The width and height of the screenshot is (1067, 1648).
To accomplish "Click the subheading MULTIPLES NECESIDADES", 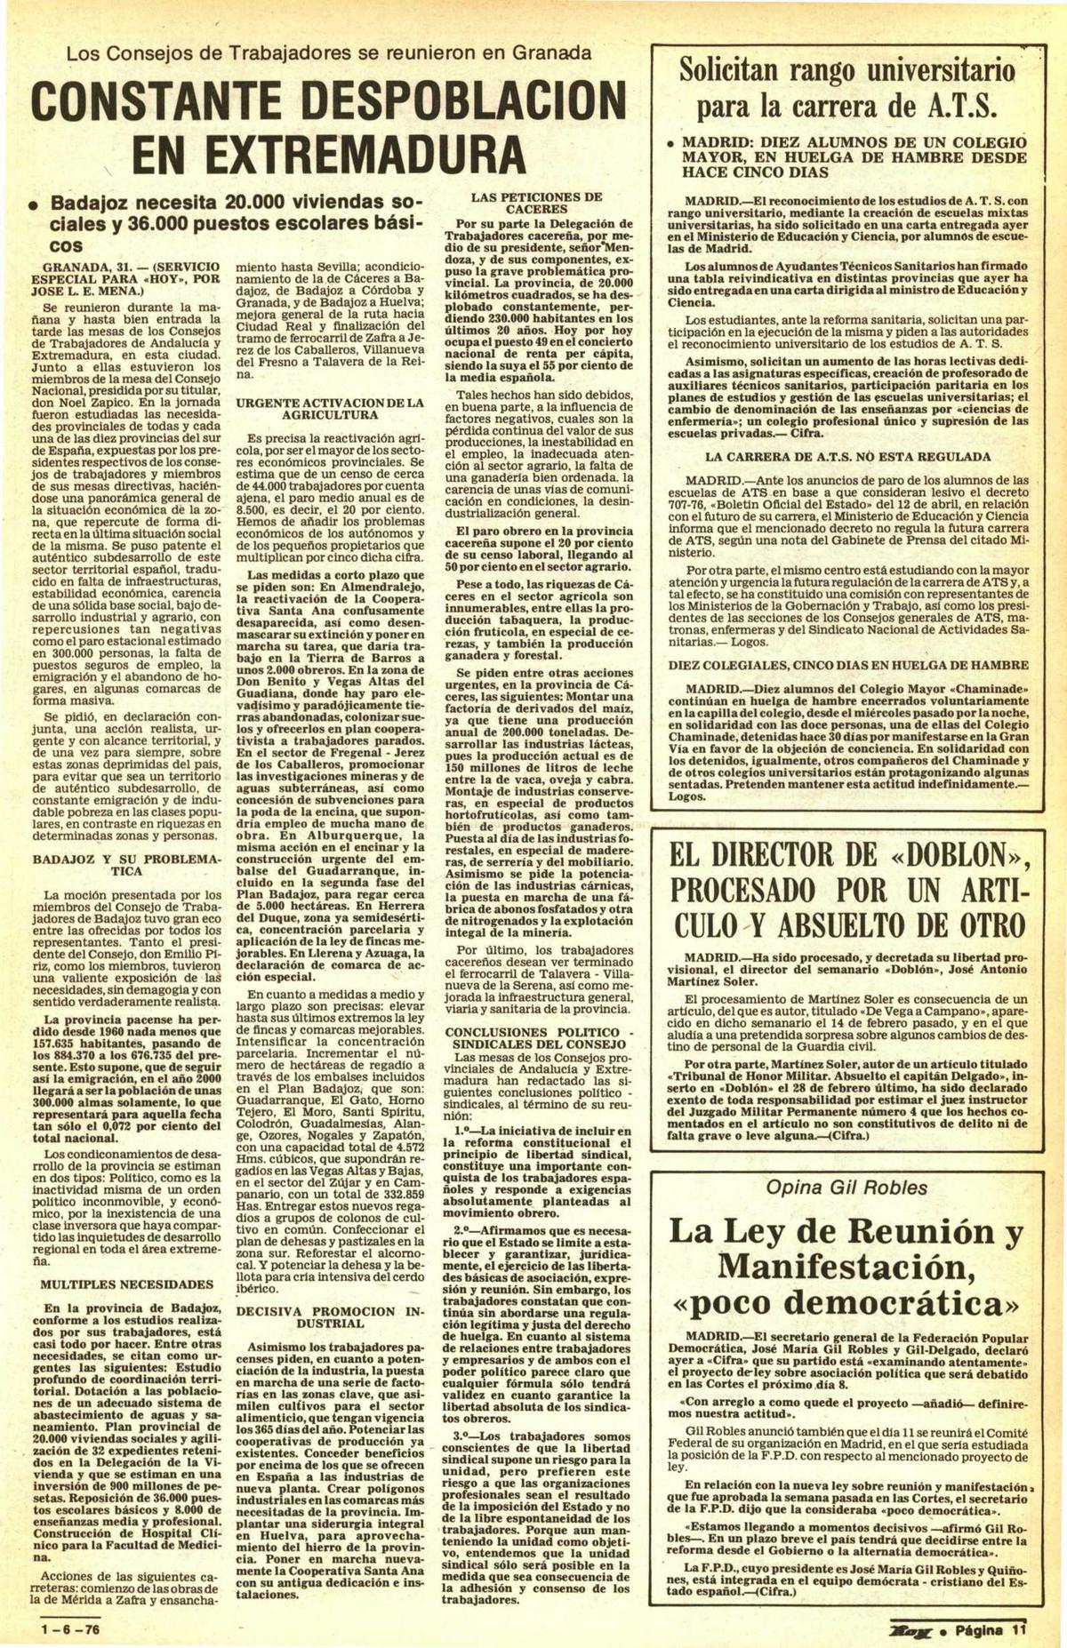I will (x=126, y=1284).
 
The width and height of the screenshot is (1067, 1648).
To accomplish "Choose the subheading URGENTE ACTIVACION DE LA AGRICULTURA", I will (x=330, y=409).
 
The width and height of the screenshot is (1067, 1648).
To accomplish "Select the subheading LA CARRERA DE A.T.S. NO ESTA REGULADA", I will (x=846, y=457).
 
